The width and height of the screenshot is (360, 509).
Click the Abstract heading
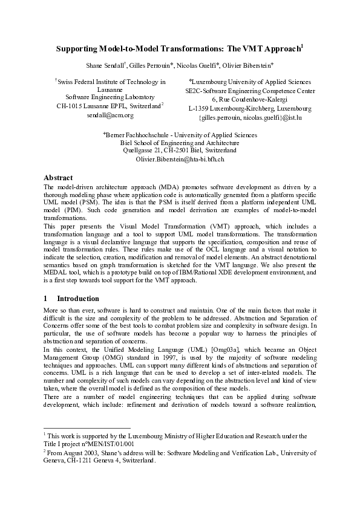pyautogui.click(x=59, y=178)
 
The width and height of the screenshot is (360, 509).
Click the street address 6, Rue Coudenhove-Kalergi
pyautogui.click(x=250, y=99)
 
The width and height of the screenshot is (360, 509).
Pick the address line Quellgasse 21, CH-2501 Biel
pyautogui.click(x=180, y=150)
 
